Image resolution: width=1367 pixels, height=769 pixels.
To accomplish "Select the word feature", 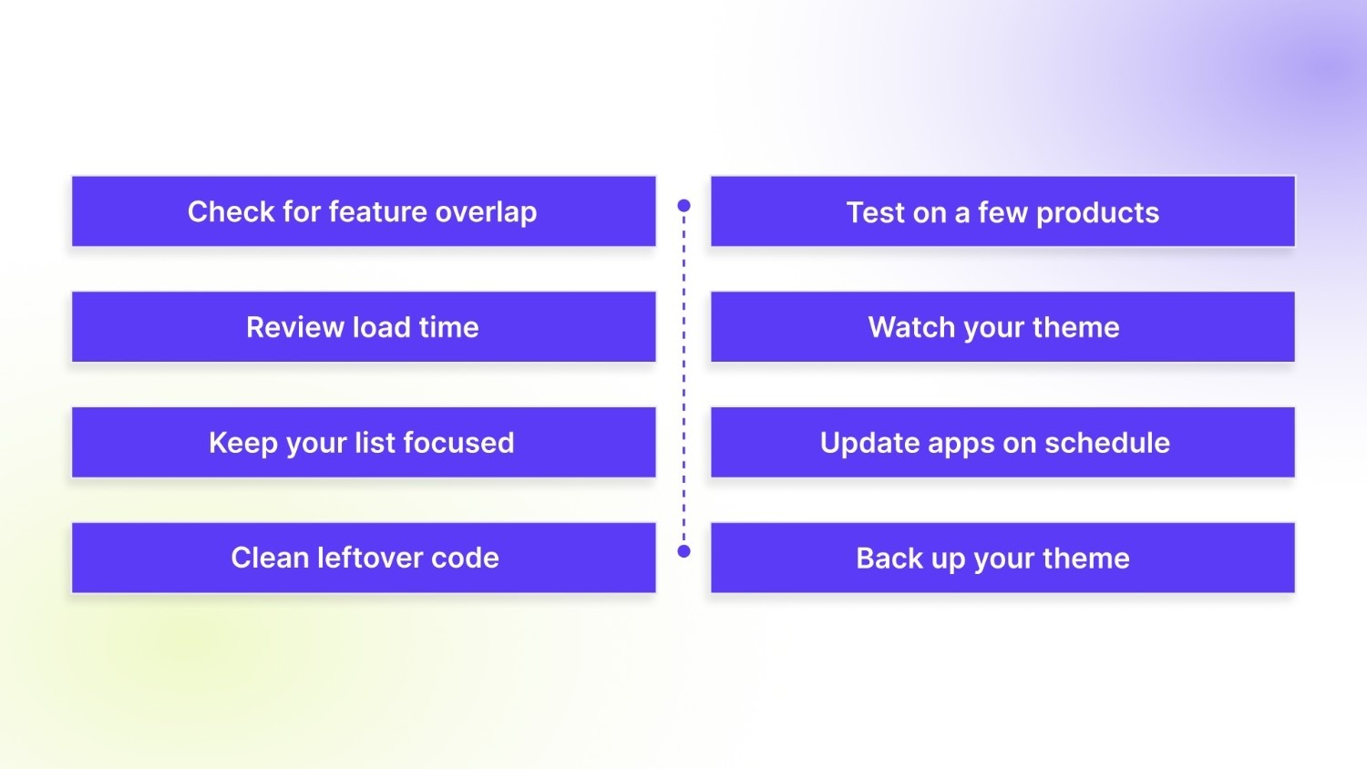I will pos(377,211).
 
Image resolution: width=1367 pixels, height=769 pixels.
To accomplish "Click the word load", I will pos(381,327).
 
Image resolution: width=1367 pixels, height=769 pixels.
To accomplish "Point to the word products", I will pos(1097,212).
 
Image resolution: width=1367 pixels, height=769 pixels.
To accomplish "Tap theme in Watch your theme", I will pos(1076,327).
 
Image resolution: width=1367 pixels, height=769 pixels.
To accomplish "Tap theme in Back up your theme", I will pos(1086,558).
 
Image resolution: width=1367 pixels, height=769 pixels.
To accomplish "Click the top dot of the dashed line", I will pos(684,206).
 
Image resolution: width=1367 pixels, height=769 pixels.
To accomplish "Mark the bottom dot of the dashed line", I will pos(684,551).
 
